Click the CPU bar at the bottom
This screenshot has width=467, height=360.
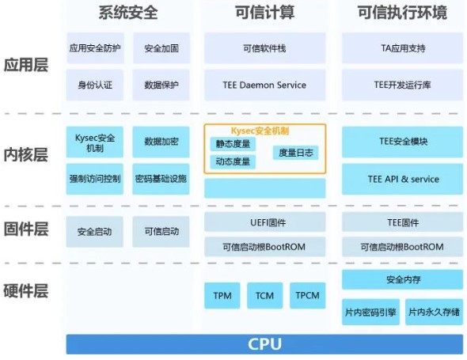(264, 344)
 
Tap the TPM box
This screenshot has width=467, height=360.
(222, 295)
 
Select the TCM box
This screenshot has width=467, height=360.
(265, 295)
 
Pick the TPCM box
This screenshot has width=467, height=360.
(307, 295)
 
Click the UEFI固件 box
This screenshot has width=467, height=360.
(265, 222)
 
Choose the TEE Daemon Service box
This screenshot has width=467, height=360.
(265, 85)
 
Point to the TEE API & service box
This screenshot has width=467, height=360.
(402, 179)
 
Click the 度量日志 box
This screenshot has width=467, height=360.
(296, 153)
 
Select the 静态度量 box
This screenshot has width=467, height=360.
(233, 144)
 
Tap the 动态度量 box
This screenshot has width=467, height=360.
(233, 161)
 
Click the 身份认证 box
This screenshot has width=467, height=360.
(95, 85)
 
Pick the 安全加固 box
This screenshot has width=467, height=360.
(161, 48)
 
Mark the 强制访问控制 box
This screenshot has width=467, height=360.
(95, 179)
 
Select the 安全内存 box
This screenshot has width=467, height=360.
(402, 279)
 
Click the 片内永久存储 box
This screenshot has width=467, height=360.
(434, 312)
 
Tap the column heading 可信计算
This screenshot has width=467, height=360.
(265, 13)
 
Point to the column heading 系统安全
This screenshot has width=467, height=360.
(128, 13)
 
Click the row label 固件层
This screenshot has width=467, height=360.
(26, 229)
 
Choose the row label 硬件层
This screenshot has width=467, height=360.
(26, 290)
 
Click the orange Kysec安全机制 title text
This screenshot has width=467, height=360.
(260, 131)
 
